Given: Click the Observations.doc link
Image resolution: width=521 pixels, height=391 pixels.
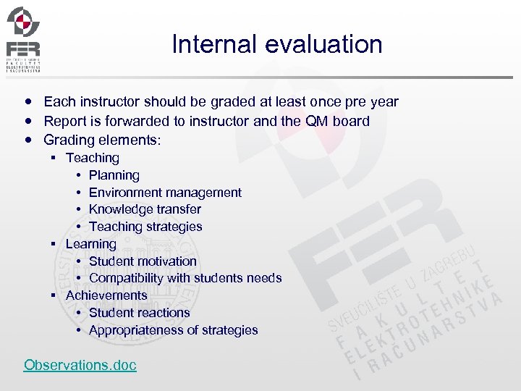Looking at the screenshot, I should (80, 365).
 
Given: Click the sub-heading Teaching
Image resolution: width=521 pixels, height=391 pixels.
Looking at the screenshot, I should (93, 158).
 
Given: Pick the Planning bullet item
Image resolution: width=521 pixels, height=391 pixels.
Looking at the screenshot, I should (114, 175).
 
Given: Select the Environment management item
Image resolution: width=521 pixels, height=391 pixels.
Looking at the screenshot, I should (165, 193).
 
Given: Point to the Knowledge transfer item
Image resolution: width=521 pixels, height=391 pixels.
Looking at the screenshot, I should (145, 209).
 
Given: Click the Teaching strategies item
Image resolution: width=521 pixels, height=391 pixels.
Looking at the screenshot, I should (145, 227).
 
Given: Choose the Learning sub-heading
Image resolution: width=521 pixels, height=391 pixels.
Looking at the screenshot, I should (90, 244).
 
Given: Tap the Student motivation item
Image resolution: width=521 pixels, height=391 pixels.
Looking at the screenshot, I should (143, 261).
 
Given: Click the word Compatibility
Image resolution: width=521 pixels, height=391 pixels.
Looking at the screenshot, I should (126, 278).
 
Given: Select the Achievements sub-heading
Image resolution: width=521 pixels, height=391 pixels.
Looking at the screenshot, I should (106, 295).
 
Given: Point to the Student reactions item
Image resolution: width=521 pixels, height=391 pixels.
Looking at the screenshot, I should (139, 313).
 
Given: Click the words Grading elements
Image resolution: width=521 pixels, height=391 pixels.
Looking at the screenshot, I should (101, 140).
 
